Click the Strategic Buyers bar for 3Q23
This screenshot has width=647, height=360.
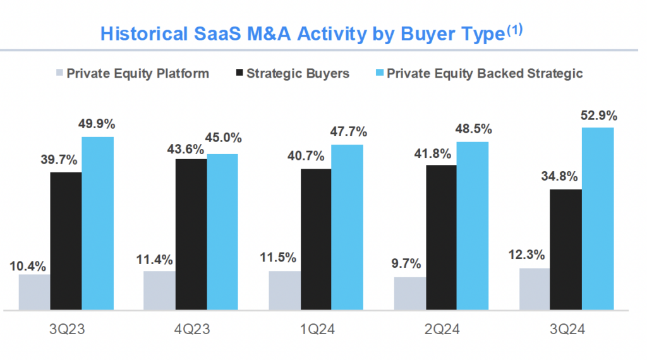pyautogui.click(x=66, y=241)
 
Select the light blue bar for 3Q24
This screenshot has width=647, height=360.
pyautogui.click(x=598, y=219)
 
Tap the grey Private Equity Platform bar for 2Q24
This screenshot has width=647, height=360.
pyautogui.click(x=409, y=294)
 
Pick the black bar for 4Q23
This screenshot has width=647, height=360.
pyautogui.click(x=191, y=234)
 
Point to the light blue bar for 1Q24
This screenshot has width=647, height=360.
pyautogui.click(x=348, y=227)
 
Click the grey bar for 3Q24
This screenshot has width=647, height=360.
pyautogui.click(x=535, y=289)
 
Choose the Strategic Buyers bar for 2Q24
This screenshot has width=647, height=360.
pyautogui.click(x=441, y=237)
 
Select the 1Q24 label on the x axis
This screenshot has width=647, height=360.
pyautogui.click(x=316, y=330)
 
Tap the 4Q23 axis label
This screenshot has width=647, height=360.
pyautogui.click(x=191, y=330)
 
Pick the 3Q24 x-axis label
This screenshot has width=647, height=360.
pyautogui.click(x=566, y=330)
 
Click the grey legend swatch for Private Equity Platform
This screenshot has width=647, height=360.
pyautogui.click(x=60, y=73)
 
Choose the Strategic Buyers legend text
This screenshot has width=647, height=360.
pyautogui.click(x=298, y=73)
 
